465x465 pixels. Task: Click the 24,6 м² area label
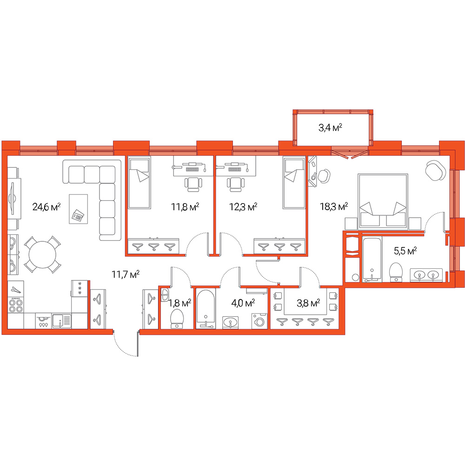(46, 206)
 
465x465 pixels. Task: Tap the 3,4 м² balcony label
(330, 128)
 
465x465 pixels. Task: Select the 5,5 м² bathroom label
(405, 251)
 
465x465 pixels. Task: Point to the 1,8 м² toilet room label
(179, 303)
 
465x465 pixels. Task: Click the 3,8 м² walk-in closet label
(308, 303)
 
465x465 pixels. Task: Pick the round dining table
(42, 254)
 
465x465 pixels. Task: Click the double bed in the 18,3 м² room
(383, 201)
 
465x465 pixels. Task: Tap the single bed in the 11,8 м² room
(139, 182)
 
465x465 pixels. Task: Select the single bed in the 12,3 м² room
(294, 182)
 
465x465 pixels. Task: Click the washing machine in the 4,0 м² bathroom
(259, 321)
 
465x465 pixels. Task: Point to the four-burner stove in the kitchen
(16, 306)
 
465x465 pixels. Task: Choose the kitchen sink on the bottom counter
(62, 321)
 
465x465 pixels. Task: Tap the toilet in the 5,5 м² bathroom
(396, 272)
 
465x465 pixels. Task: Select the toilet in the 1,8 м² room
(177, 319)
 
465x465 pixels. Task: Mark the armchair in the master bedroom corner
(435, 170)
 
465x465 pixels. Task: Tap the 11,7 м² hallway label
(126, 274)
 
